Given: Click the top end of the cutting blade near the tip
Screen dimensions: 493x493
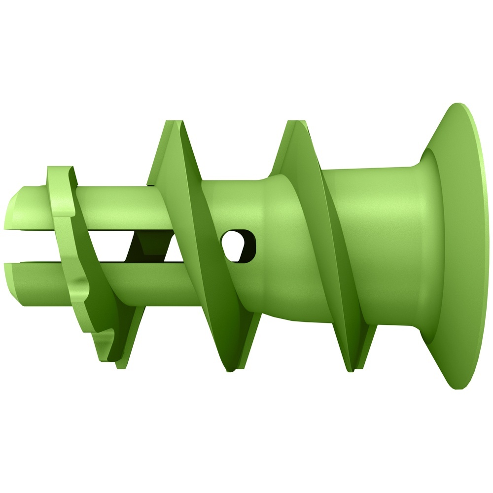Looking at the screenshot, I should tap(59, 170).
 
